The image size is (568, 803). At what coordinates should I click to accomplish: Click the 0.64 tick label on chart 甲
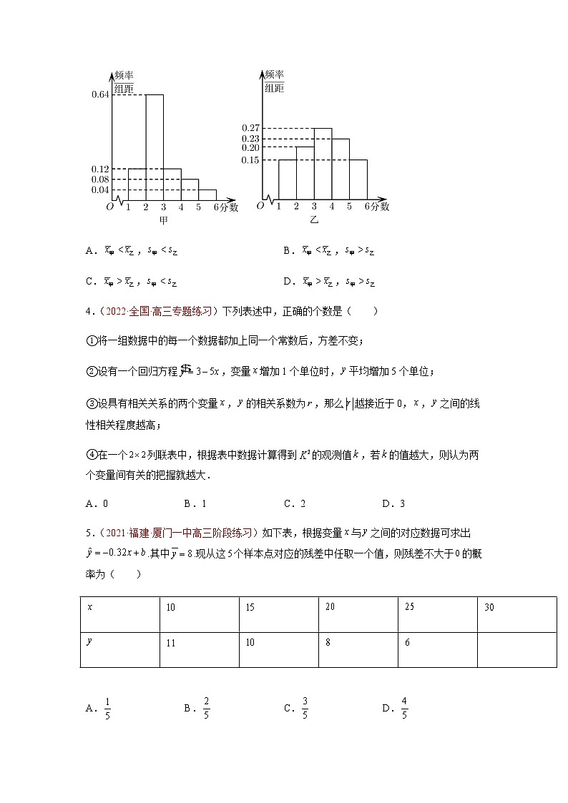[100, 94]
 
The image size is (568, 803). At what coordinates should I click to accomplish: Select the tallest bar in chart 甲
[155, 147]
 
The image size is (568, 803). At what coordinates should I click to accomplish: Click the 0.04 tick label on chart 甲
[100, 189]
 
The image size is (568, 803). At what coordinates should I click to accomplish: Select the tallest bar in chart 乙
[323, 164]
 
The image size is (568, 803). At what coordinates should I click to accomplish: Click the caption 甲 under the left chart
[164, 220]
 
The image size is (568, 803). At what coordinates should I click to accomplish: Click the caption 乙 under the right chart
[314, 220]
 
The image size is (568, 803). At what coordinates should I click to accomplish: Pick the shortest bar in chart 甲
[207, 195]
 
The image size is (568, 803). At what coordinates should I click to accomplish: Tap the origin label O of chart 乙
[260, 206]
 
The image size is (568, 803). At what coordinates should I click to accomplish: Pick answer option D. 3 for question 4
[393, 503]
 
